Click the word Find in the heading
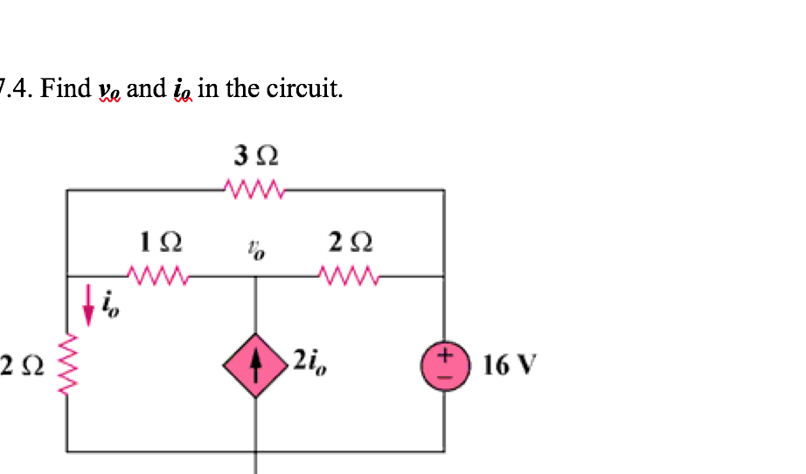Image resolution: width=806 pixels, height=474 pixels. point(66,88)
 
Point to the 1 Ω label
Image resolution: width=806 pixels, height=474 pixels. point(161,240)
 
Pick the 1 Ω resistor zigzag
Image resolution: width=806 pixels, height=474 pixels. point(158,276)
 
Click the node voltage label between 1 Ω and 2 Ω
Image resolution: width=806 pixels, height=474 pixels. point(255,250)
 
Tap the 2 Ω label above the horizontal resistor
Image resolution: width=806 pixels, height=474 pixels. point(349,240)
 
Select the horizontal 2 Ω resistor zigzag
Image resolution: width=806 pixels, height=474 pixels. point(349,276)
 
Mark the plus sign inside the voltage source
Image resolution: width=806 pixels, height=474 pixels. point(444,355)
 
